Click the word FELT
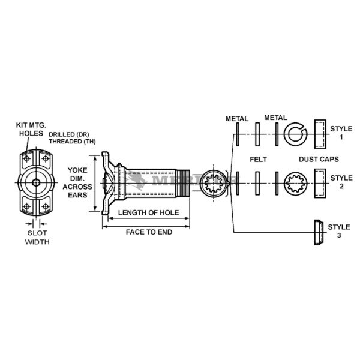pyautogui.click(x=258, y=160)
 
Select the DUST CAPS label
pyautogui.click(x=319, y=160)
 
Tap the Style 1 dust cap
pyautogui.click(x=319, y=133)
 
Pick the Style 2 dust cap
pyautogui.click(x=319, y=182)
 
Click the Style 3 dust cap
pyautogui.click(x=318, y=232)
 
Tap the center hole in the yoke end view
pyautogui.click(x=37, y=182)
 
